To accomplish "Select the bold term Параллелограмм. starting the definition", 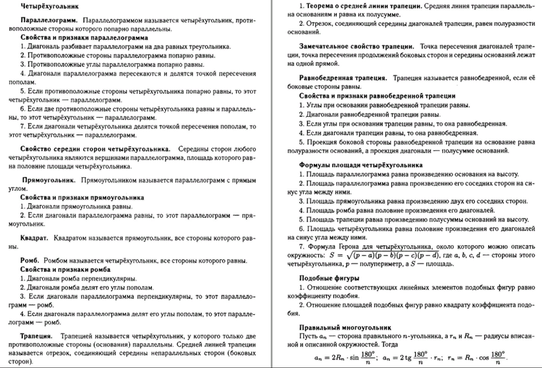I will pyautogui.click(x=49, y=21).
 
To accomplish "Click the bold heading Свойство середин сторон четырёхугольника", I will pyautogui.click(x=95, y=149).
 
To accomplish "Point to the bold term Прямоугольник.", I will pyautogui.click(x=49, y=180).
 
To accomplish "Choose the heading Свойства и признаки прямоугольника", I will pyautogui.click(x=82, y=197).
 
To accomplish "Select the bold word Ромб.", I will pyautogui.click(x=31, y=261).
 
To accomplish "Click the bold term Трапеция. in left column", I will pyautogui.click(x=37, y=336).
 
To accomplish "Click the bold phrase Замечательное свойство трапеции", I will pyautogui.click(x=357, y=47).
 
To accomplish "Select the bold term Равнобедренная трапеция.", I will pyautogui.click(x=343, y=78).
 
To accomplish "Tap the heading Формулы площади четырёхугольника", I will pyautogui.click(x=361, y=165).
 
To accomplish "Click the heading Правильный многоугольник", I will pyautogui.click(x=345, y=327).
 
